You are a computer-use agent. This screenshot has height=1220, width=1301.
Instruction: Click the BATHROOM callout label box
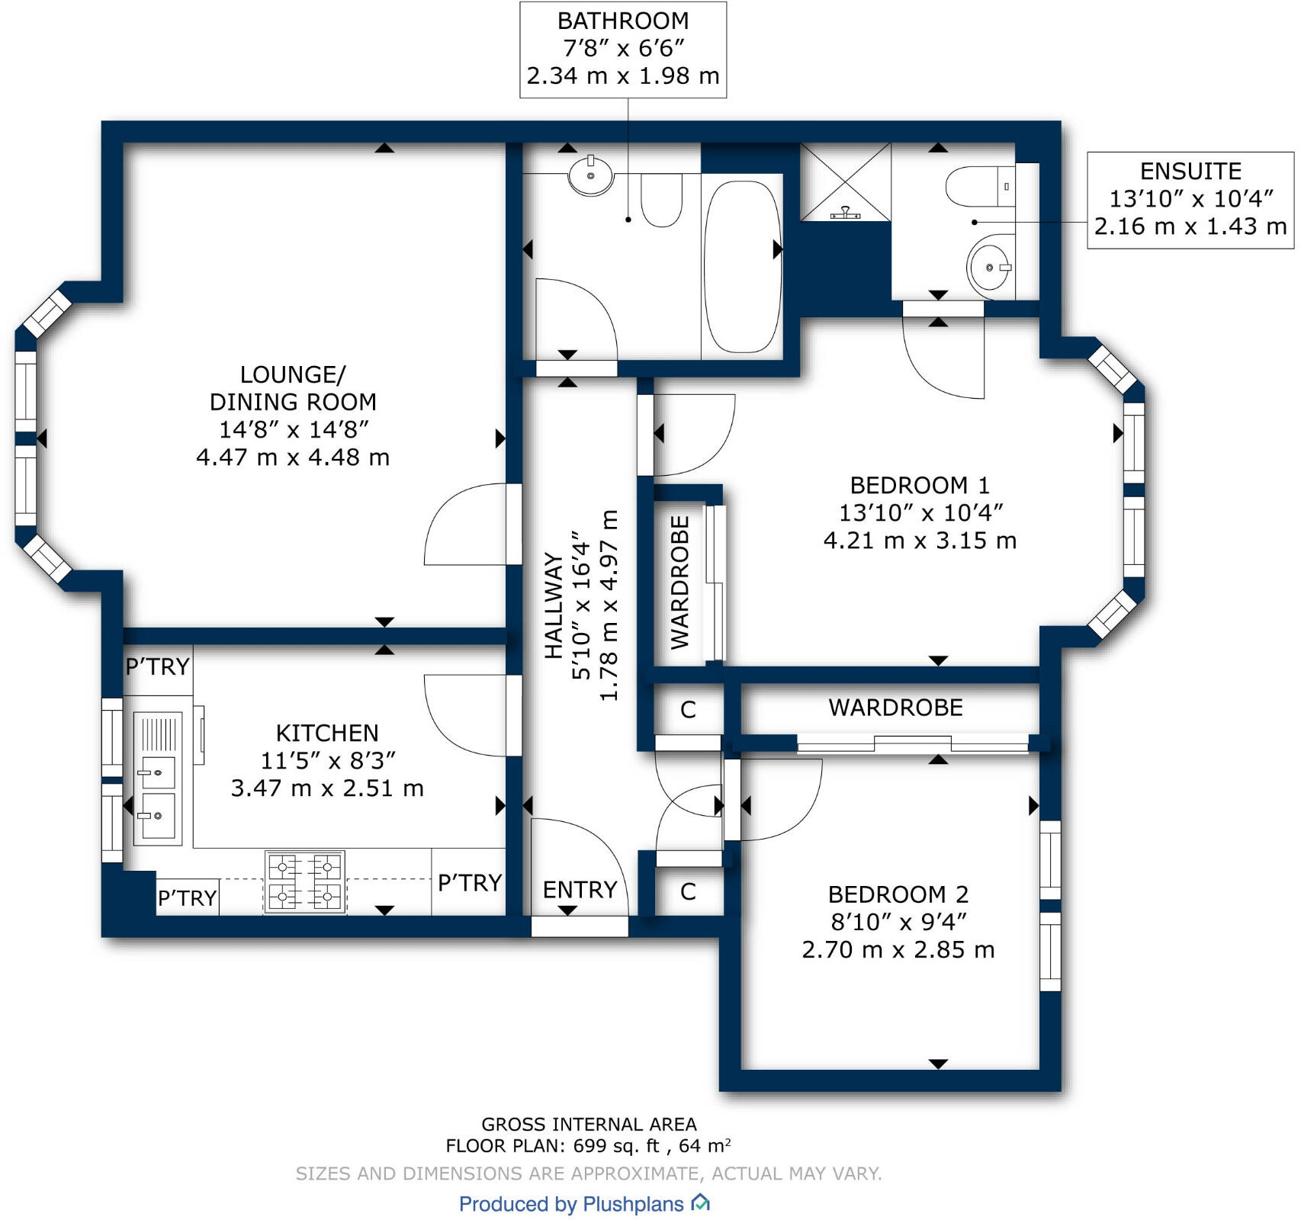(622, 50)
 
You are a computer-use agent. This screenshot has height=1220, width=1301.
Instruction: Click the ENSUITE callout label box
(1190, 200)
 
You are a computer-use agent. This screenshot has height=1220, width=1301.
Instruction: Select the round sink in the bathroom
(591, 175)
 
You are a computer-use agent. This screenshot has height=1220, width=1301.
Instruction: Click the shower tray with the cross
(845, 182)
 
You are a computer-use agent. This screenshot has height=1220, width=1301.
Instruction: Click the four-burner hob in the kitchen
(305, 881)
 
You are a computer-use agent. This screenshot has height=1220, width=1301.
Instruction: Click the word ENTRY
(580, 890)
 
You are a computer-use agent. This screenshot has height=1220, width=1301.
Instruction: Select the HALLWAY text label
(554, 606)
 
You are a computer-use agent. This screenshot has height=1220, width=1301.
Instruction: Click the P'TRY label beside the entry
(470, 883)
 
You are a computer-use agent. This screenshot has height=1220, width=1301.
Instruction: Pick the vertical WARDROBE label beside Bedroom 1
(679, 583)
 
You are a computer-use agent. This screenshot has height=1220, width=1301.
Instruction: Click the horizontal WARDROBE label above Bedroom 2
(895, 708)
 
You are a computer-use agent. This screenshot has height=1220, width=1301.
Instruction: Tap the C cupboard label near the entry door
(688, 891)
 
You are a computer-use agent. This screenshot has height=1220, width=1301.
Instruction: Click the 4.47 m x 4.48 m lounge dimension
(293, 457)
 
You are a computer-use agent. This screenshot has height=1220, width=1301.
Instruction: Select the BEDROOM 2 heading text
(898, 894)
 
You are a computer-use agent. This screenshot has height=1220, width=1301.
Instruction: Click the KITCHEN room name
(326, 734)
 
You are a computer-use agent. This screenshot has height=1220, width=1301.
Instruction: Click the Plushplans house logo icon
(700, 1203)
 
